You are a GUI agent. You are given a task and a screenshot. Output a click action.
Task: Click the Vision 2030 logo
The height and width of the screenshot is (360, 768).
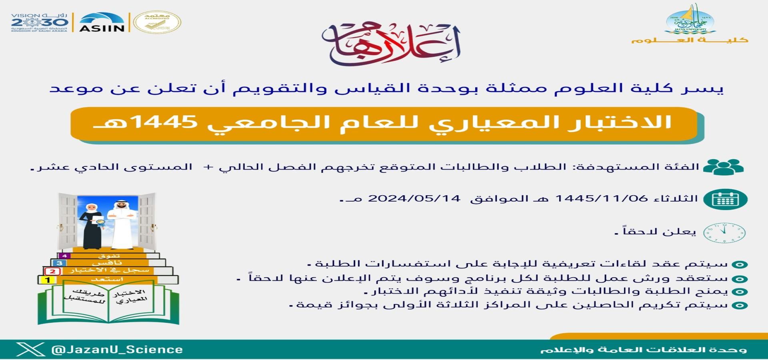click(x=40, y=22)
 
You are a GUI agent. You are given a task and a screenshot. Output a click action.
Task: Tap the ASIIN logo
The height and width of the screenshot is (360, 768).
click(x=102, y=22)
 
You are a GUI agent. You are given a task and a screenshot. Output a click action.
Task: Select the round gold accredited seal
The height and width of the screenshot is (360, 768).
click(x=157, y=22)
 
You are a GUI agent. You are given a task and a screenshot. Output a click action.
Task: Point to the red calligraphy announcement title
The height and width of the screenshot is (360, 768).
click(x=391, y=44)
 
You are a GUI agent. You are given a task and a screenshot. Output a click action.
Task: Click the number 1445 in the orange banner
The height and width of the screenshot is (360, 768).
click(x=164, y=122)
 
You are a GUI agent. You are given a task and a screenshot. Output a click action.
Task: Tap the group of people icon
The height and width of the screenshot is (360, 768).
click(x=723, y=167)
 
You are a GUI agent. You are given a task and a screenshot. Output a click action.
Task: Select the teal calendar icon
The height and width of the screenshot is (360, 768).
click(x=725, y=199)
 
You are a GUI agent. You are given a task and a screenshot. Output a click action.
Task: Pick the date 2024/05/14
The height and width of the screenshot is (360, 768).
click(x=414, y=198)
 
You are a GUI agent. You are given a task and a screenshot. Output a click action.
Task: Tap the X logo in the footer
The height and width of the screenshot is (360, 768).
click(x=30, y=349)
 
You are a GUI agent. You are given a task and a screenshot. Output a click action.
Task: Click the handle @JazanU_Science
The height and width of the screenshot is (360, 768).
click(x=117, y=350)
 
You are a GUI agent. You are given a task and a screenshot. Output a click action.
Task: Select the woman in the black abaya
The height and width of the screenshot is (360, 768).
click(x=92, y=226)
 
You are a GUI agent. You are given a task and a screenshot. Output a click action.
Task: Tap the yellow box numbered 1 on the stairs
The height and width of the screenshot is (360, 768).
click(x=48, y=280)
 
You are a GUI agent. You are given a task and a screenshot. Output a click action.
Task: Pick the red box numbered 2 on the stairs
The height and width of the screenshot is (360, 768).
click(x=53, y=272)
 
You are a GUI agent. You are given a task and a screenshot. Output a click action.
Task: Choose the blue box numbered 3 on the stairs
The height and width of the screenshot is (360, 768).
click(x=59, y=263)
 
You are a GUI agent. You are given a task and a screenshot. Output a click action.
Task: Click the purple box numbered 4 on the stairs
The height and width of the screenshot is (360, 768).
click(x=64, y=256)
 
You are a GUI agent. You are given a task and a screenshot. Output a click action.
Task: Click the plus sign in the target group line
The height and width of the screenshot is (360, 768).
click(x=207, y=167)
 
